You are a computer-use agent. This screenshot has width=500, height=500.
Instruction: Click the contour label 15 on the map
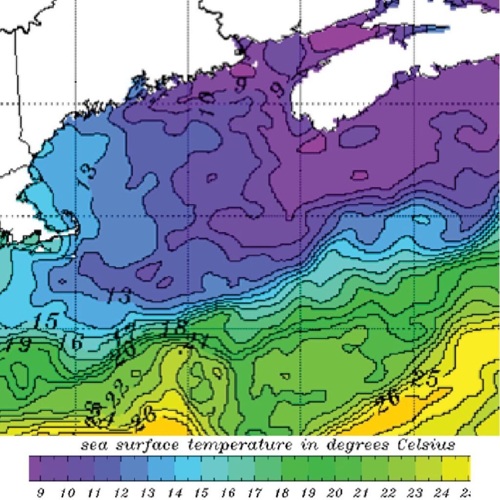pyautogui.click(x=46, y=322)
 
